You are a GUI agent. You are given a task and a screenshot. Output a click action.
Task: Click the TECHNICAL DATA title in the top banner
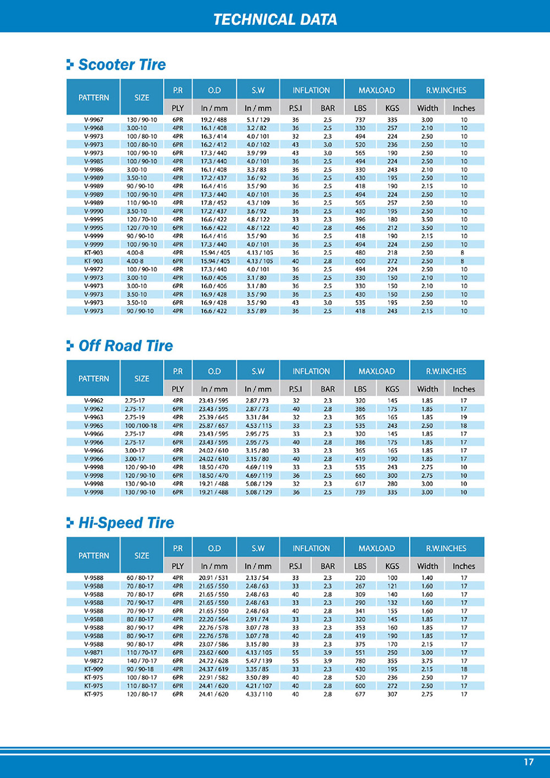click(x=275, y=19)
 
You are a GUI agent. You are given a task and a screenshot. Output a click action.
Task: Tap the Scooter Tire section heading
click(x=122, y=64)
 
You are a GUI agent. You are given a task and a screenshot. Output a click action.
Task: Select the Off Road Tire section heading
click(x=125, y=346)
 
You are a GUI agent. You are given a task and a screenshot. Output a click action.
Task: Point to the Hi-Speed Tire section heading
click(x=126, y=523)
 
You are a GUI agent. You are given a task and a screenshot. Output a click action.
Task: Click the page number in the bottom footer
click(x=529, y=762)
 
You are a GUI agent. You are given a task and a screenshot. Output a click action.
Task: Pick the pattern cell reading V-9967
click(x=94, y=119)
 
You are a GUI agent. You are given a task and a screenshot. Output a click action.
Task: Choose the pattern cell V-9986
click(x=94, y=170)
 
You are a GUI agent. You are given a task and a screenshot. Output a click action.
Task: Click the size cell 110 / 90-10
click(x=142, y=203)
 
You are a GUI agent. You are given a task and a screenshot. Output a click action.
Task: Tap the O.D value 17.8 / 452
click(x=214, y=203)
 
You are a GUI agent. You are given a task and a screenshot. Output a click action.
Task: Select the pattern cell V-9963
click(x=94, y=417)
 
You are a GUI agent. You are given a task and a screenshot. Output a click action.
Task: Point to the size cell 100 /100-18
click(x=141, y=426)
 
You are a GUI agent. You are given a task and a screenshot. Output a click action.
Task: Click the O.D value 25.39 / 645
click(x=214, y=417)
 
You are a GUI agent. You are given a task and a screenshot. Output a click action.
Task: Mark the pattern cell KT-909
click(x=94, y=669)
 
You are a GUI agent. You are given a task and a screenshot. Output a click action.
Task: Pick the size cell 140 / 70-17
click(x=142, y=661)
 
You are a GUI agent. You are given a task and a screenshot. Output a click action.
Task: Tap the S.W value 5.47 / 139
click(x=258, y=661)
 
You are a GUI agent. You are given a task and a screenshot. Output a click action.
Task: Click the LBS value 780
click(x=360, y=661)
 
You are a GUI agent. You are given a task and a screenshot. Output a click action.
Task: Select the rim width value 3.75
click(x=427, y=661)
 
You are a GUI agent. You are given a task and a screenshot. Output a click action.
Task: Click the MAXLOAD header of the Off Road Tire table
click(x=377, y=371)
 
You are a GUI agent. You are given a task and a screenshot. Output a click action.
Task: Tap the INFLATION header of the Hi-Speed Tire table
click(x=311, y=548)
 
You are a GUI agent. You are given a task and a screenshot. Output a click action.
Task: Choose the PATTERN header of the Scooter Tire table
click(x=94, y=97)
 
